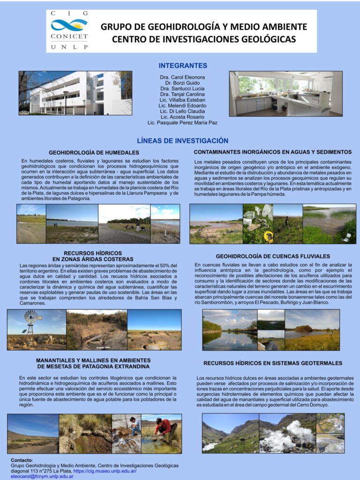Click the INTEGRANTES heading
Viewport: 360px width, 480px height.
coord(183,66)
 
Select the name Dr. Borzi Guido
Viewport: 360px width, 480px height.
coord(182,82)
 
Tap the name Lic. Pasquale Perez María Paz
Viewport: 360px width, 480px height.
coord(182,123)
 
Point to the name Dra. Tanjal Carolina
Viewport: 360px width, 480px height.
coord(182,94)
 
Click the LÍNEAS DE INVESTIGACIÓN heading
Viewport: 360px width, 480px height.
coord(182,141)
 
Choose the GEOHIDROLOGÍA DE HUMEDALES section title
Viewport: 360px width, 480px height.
coord(94,153)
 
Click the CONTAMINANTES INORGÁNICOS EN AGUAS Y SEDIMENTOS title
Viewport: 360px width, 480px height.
coord(272,152)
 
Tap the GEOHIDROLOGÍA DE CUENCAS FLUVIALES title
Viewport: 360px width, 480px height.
coord(273,256)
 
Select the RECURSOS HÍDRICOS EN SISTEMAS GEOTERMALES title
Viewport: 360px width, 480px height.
coord(273,363)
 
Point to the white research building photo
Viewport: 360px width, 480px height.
coord(75,93)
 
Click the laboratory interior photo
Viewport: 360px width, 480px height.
coord(285,94)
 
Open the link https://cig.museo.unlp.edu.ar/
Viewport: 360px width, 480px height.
coord(105,471)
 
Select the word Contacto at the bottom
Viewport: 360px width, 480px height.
coord(22,460)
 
